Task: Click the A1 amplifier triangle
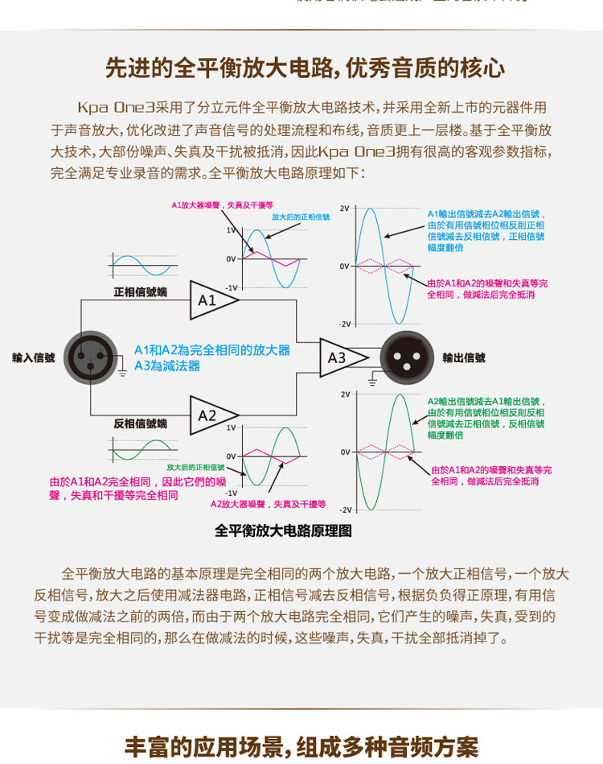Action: click(211, 300)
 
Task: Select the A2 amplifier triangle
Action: click(211, 415)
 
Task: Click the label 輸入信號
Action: click(34, 357)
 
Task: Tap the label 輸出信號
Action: click(464, 357)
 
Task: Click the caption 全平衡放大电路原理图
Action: click(283, 531)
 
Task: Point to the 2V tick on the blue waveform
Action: click(344, 209)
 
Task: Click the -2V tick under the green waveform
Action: click(345, 510)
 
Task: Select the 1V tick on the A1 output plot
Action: click(230, 230)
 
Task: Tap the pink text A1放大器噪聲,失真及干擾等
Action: click(222, 205)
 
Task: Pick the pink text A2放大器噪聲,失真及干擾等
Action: click(268, 504)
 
